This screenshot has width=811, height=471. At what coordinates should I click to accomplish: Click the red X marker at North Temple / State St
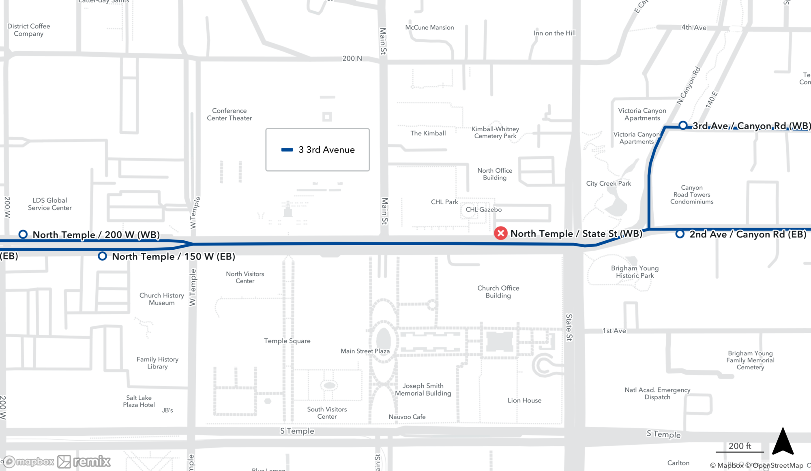click(x=501, y=233)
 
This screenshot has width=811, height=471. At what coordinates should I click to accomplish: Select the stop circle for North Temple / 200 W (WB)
click(x=23, y=234)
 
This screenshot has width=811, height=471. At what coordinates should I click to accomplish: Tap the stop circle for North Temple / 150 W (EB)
click(x=103, y=256)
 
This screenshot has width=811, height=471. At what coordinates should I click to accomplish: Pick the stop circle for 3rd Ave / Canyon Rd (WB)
click(x=683, y=125)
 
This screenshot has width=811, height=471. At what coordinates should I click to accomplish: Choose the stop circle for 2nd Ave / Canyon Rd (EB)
click(x=680, y=234)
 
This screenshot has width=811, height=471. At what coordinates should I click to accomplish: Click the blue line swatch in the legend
click(x=287, y=150)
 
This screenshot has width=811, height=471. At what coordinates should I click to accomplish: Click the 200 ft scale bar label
click(x=740, y=446)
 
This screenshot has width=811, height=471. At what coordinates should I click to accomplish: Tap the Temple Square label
click(x=287, y=341)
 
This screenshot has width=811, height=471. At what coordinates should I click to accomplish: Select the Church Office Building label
click(x=498, y=292)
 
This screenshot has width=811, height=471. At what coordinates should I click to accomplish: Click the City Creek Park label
click(x=608, y=184)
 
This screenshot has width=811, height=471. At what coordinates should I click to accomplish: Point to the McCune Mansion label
click(x=429, y=28)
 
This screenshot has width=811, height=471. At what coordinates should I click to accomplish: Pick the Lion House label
click(x=524, y=400)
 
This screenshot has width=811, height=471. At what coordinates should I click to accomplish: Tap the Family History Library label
click(x=157, y=363)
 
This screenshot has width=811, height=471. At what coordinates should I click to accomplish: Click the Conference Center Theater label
click(x=230, y=114)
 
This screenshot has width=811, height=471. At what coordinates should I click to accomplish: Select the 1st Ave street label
click(x=614, y=331)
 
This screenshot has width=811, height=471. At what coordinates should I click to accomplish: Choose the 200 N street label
click(x=352, y=58)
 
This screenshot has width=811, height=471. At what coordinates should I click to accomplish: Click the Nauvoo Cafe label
click(x=407, y=417)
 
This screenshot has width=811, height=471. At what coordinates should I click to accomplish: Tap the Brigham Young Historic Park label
click(x=635, y=272)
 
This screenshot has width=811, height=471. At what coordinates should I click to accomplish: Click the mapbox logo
click(x=28, y=462)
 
